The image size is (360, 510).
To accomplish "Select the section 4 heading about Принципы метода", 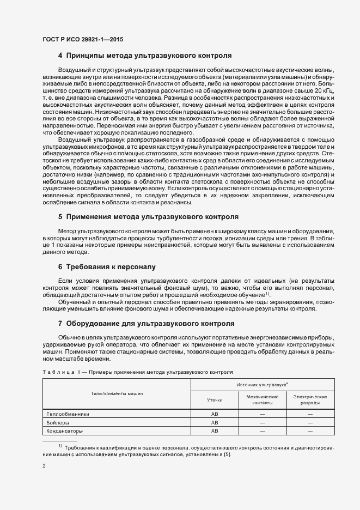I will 145,56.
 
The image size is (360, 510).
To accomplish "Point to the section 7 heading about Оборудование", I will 146,323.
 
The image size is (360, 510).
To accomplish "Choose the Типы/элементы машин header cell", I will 117,393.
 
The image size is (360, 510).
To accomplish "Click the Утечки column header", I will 215,400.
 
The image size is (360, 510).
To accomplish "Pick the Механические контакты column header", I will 262,400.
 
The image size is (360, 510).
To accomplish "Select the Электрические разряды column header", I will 309,400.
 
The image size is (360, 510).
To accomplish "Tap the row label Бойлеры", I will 58,422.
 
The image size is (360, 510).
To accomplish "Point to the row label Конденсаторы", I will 65,431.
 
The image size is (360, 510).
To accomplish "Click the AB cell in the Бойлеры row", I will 215,422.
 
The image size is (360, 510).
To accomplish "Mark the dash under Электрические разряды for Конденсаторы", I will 309,431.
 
